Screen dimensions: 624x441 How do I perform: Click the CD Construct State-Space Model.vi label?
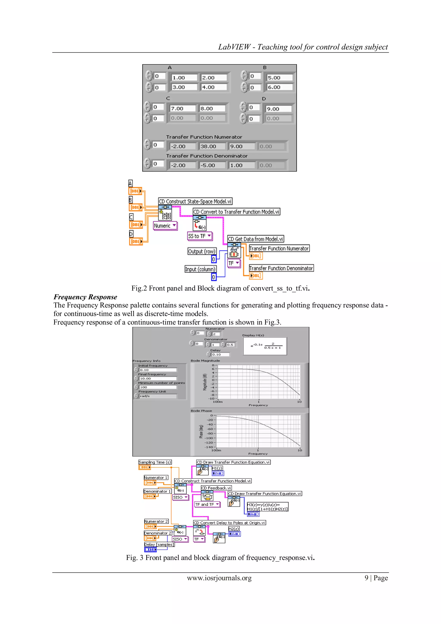point(195,201)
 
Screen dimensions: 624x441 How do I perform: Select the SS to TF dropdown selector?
point(200,236)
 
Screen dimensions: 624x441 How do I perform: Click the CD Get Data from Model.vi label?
point(255,239)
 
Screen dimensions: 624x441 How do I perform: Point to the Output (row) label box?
point(202,251)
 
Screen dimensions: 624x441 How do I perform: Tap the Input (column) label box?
point(200,269)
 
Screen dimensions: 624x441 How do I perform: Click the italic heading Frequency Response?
point(85,297)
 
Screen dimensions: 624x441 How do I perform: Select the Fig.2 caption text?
point(220,288)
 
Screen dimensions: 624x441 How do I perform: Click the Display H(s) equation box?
point(265,346)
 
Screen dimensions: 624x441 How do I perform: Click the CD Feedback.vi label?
point(216,488)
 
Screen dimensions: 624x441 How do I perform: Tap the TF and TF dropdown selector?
point(207,504)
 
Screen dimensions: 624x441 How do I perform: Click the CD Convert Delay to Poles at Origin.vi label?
point(229,523)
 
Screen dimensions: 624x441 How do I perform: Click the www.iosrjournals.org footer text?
point(219,578)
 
